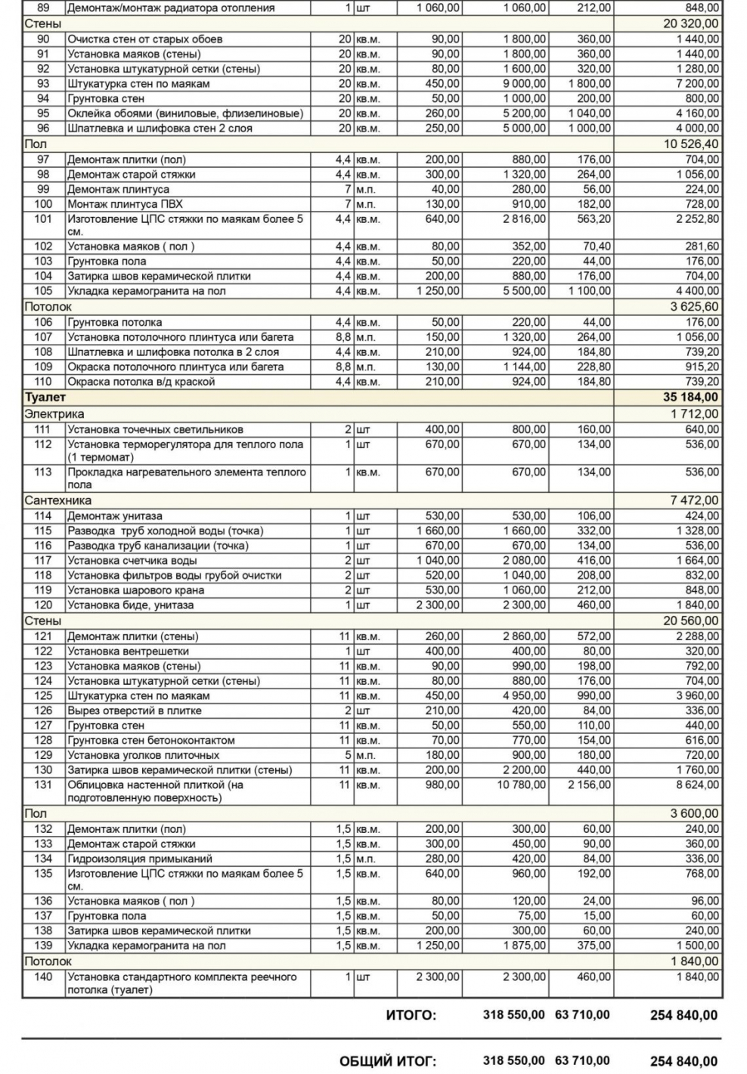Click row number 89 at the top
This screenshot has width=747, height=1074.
click(43, 8)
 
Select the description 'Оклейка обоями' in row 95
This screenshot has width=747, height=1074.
click(184, 113)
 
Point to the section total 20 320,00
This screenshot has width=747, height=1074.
click(690, 23)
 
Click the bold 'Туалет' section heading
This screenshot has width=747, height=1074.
click(45, 398)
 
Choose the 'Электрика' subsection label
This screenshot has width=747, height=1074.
click(54, 414)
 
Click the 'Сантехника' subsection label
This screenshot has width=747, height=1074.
click(58, 500)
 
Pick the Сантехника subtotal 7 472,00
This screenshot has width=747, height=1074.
click(694, 500)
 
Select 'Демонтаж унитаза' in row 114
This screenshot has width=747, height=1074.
click(115, 516)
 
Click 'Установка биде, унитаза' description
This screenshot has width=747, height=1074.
click(131, 605)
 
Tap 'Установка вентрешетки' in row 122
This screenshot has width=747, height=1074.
click(128, 652)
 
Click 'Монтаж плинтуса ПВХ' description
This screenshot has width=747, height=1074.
click(125, 204)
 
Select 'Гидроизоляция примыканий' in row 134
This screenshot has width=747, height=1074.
click(140, 859)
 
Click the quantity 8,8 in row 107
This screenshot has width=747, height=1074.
click(343, 337)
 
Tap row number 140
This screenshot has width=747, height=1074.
click(43, 977)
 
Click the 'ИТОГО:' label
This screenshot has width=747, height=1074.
click(411, 1015)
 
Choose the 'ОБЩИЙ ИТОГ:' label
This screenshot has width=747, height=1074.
click(387, 1061)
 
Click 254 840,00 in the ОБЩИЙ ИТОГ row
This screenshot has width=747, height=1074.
click(683, 1061)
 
